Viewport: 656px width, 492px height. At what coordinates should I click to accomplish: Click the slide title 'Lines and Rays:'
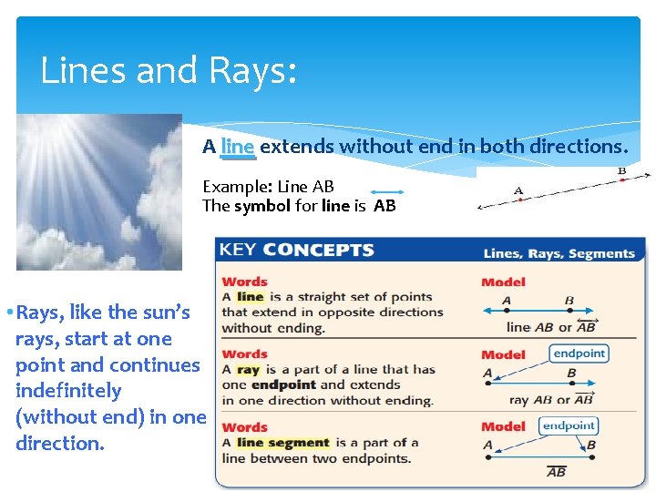(169, 71)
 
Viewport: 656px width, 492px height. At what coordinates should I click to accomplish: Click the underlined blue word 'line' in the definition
(238, 147)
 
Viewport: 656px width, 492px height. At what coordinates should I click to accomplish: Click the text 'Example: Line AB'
(268, 187)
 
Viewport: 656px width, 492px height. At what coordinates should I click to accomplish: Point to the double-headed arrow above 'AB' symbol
(386, 193)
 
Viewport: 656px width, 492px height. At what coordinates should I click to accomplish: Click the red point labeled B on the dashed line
(622, 180)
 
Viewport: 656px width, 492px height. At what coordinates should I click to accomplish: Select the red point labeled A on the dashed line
(519, 200)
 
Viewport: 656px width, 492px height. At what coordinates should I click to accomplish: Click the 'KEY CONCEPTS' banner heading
(297, 251)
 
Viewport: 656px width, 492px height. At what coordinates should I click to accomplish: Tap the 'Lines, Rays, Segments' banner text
(559, 254)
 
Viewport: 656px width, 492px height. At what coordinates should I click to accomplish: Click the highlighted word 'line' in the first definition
(250, 297)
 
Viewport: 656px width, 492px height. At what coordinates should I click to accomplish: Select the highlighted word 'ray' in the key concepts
(248, 370)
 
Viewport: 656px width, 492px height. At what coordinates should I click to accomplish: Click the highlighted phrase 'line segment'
(282, 443)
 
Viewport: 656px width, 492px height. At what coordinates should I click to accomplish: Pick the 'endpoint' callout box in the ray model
(579, 353)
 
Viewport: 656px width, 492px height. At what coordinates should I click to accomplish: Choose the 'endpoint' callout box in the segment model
(569, 425)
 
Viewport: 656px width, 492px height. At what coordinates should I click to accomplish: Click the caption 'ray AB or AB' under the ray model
(552, 399)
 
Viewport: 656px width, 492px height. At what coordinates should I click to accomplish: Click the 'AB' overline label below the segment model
(556, 471)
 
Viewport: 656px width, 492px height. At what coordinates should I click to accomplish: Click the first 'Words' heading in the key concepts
(244, 282)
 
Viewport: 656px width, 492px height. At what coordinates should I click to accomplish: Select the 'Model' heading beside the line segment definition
(503, 426)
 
